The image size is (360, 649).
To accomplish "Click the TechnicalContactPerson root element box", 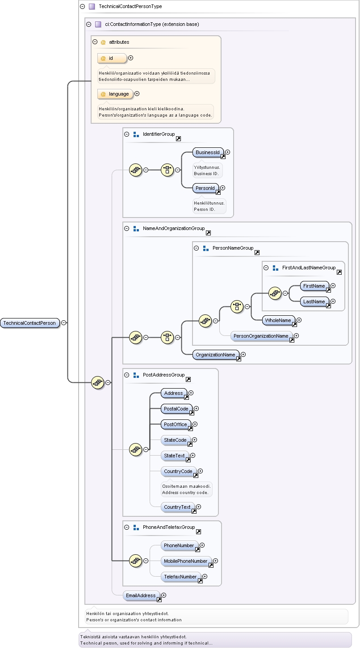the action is [30, 323].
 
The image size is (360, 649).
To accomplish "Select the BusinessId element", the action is [208, 152].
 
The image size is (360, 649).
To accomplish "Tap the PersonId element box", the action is [205, 188].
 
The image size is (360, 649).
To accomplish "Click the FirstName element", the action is [314, 286].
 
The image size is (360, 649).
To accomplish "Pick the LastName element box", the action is [314, 301].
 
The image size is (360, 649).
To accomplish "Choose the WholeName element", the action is [278, 320].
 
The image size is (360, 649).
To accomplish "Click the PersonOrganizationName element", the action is [261, 336].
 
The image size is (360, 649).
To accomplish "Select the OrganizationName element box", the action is [216, 355].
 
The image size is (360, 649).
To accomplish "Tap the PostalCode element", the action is [176, 409].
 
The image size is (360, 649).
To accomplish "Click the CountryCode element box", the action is [178, 471].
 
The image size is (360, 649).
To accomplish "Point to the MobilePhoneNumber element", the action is [186, 561].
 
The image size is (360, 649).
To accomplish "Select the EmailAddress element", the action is [141, 595].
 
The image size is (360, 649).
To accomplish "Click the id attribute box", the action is [112, 58].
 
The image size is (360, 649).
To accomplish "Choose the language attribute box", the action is [115, 94].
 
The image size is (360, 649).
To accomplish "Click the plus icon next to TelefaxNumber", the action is [205, 577].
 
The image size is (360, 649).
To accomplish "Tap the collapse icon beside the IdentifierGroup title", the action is [126, 134].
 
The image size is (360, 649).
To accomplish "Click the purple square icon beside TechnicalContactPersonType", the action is [92, 6].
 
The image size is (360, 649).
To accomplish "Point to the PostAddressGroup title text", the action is [163, 375].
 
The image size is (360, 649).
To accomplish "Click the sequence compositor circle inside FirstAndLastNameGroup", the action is [275, 293].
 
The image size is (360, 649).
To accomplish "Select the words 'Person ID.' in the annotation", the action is [205, 209].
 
